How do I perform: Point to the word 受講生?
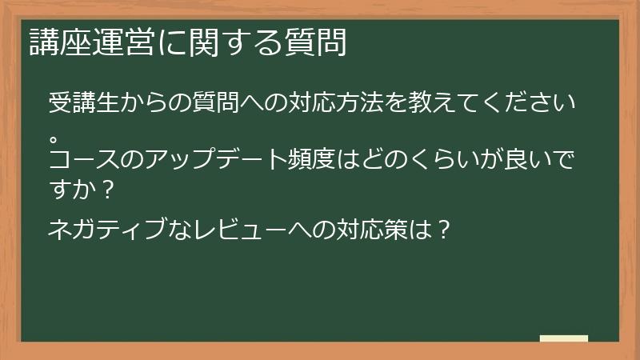[84, 105]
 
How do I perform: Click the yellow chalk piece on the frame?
[564, 338]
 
